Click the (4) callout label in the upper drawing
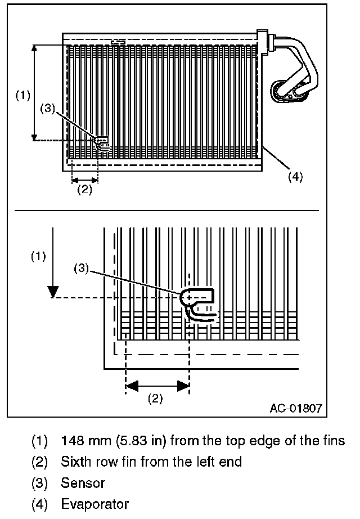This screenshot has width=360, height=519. coord(295,176)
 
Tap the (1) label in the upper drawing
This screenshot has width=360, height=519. coord(22,95)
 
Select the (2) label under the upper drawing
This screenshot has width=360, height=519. coord(84,189)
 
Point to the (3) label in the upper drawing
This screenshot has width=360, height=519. coord(48,109)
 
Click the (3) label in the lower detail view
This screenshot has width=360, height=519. coord(82,269)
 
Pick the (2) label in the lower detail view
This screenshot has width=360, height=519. coord(155,399)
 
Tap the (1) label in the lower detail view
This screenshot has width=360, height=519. coord(38,257)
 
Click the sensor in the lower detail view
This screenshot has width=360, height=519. coord(198,305)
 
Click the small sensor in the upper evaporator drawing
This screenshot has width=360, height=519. coord(102,143)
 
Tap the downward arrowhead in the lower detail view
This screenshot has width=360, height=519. coord(52,292)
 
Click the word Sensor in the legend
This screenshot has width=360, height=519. coord(83,483)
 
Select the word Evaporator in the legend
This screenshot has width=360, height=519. coord(94,504)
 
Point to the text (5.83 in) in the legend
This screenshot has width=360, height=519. coord(134,440)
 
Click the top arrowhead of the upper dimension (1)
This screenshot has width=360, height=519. coord(35,48)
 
